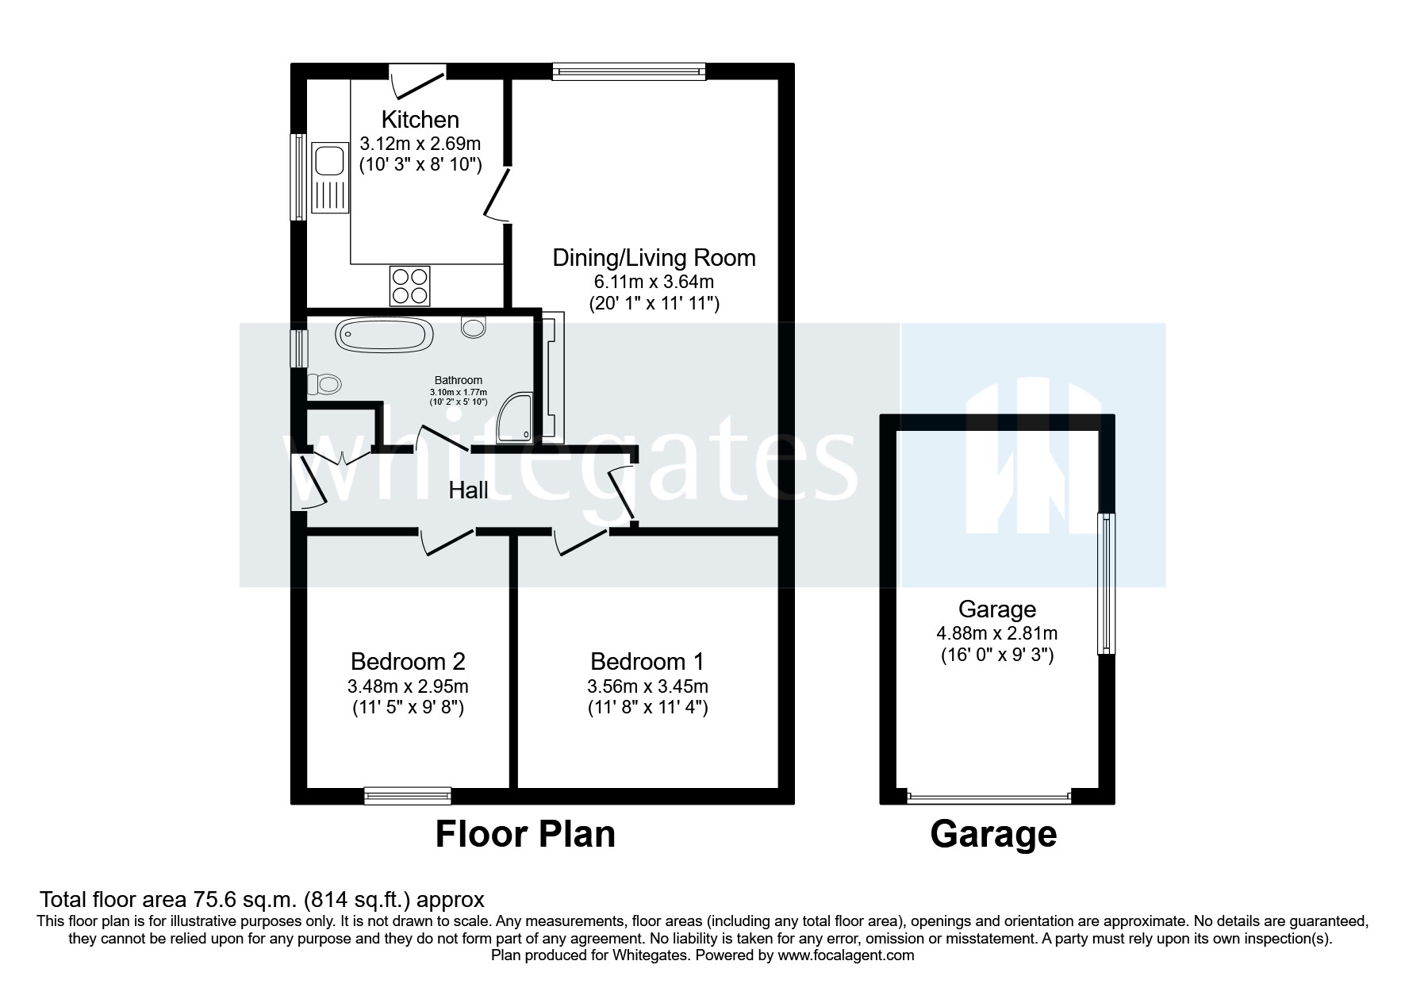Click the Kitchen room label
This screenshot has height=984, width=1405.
click(420, 120)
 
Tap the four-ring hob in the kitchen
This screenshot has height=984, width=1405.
click(409, 286)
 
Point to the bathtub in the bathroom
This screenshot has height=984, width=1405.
click(384, 335)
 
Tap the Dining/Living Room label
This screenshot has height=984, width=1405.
click(654, 258)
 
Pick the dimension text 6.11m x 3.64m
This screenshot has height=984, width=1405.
click(654, 282)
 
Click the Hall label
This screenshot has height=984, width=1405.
click(468, 490)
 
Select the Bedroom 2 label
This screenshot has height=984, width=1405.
click(408, 661)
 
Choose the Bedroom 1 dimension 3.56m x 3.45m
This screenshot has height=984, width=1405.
click(647, 686)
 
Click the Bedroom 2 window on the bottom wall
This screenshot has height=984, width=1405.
click(408, 795)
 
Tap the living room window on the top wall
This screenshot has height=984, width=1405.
click(629, 71)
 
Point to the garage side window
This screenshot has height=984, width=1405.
click(1106, 584)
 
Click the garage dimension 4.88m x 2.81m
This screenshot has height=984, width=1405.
click(996, 633)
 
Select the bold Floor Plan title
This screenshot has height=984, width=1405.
click(525, 835)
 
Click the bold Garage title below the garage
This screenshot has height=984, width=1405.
click(993, 835)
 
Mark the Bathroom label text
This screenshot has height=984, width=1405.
click(458, 381)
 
